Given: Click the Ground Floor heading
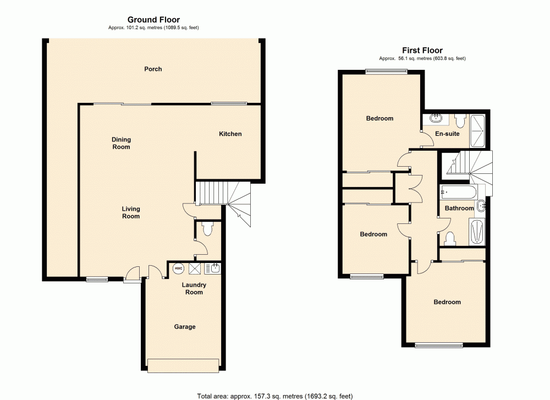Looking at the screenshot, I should pyautogui.click(x=153, y=20).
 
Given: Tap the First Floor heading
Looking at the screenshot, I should pyautogui.click(x=422, y=51).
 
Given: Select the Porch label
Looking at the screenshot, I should pyautogui.click(x=153, y=69).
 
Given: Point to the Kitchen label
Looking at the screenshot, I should pyautogui.click(x=230, y=134).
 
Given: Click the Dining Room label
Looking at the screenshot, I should pyautogui.click(x=122, y=144).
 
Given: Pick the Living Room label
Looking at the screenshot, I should pyautogui.click(x=131, y=212).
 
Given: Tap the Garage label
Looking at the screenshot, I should pyautogui.click(x=185, y=327).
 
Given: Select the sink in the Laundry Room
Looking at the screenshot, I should pyautogui.click(x=213, y=268).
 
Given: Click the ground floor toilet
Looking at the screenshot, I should pyautogui.click(x=207, y=229).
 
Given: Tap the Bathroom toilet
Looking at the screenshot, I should pyautogui.click(x=450, y=238).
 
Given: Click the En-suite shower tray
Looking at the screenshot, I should pyautogui.click(x=477, y=131).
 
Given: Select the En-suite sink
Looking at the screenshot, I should pyautogui.click(x=436, y=118).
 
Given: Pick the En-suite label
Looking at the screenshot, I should pyautogui.click(x=447, y=134).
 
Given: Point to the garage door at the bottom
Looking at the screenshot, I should pyautogui.click(x=183, y=365).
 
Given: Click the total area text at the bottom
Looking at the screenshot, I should pyautogui.click(x=274, y=395).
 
